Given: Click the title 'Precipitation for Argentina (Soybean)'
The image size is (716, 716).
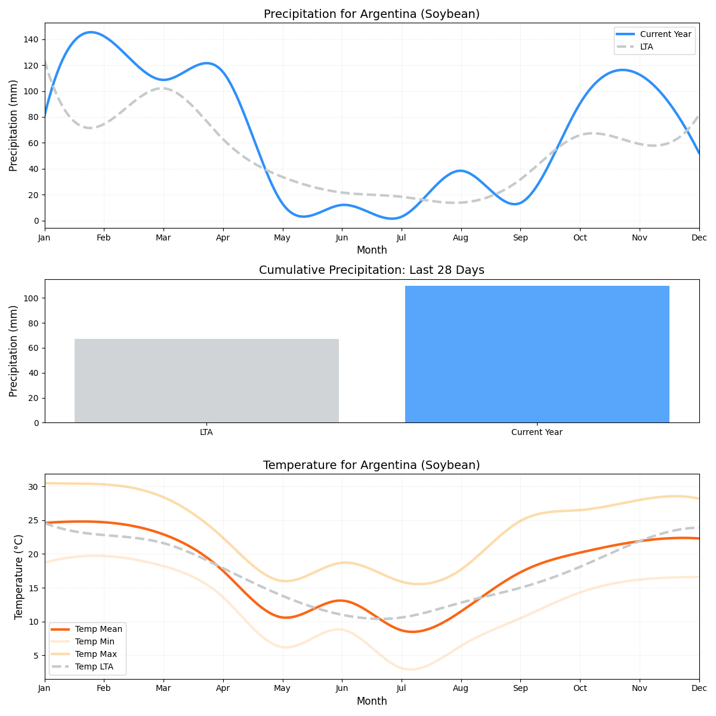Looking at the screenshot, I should pyautogui.click(x=371, y=14).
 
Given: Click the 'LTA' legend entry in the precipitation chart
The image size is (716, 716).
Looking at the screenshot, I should pyautogui.click(x=646, y=47).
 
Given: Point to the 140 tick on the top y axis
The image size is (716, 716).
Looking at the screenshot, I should pyautogui.click(x=31, y=39).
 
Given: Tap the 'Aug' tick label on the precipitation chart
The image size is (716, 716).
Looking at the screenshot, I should pyautogui.click(x=461, y=237).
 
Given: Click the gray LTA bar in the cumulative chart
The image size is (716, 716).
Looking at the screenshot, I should pyautogui.click(x=206, y=381).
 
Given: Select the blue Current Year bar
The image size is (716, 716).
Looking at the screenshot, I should pyautogui.click(x=537, y=354).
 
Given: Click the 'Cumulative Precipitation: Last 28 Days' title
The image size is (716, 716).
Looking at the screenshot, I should pyautogui.click(x=371, y=270).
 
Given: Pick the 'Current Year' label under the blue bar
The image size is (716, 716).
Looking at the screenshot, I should pyautogui.click(x=537, y=432).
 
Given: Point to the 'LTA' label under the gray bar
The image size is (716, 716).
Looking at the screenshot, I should pyautogui.click(x=206, y=432).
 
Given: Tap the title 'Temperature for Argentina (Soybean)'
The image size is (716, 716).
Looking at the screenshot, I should pyautogui.click(x=371, y=465).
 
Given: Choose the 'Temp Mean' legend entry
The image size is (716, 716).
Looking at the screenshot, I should pyautogui.click(x=98, y=629).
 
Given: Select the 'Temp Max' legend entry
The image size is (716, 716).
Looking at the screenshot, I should pyautogui.click(x=95, y=654).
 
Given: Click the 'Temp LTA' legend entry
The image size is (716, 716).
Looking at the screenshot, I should pyautogui.click(x=94, y=666).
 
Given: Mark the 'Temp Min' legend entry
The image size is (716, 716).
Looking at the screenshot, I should pyautogui.click(x=94, y=641).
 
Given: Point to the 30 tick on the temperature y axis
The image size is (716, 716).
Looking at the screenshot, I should pyautogui.click(x=33, y=487).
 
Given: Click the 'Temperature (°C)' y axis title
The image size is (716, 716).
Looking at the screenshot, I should pyautogui.click(x=18, y=576).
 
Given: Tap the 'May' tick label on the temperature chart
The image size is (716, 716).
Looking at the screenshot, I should pyautogui.click(x=282, y=689).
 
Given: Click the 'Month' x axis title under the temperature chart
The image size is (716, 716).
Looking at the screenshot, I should pyautogui.click(x=371, y=701).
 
